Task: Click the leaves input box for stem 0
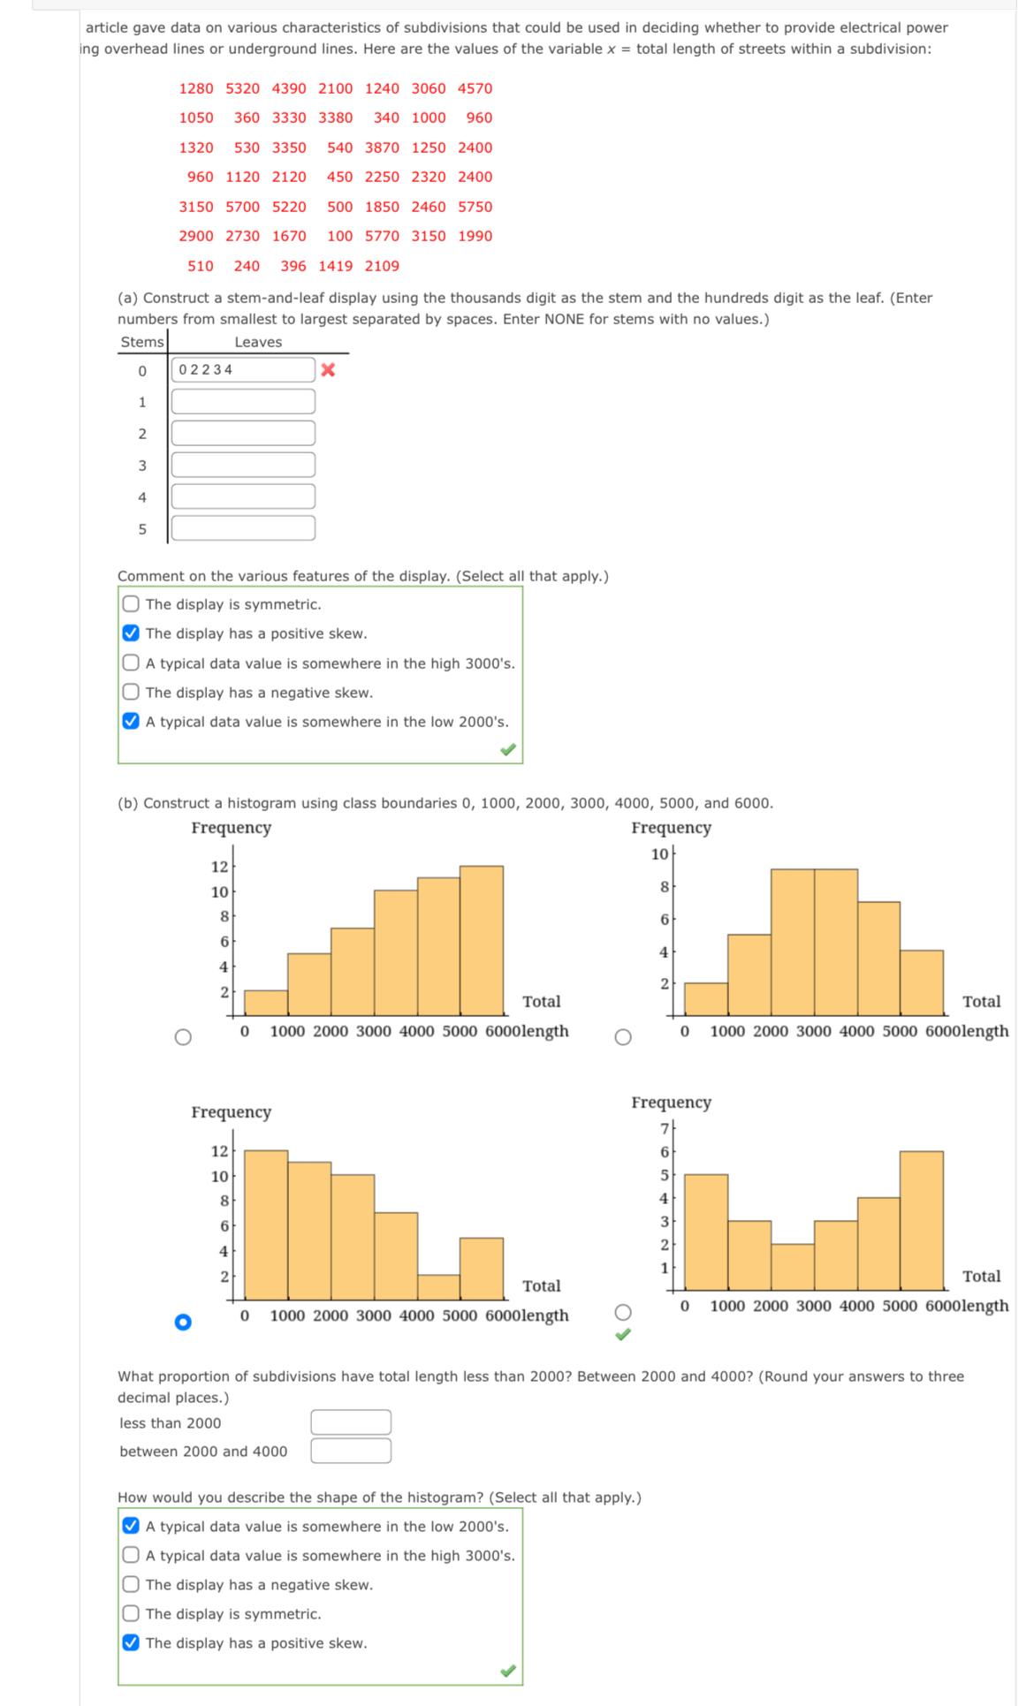coord(243,370)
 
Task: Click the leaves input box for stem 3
coord(243,465)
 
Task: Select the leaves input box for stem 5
coord(243,528)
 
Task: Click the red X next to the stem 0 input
coord(328,370)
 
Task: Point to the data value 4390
coord(289,88)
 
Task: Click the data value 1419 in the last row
coord(335,266)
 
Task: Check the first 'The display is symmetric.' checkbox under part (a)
coord(131,604)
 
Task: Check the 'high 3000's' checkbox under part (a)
coord(131,663)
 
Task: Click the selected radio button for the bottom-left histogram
coord(183,1322)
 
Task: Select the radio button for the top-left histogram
coord(183,1037)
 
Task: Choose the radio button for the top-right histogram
coord(623,1037)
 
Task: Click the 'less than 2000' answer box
coord(350,1422)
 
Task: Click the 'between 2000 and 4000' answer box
coord(350,1451)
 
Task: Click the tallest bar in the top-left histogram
coord(482,941)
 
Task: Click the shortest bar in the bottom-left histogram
coord(439,1287)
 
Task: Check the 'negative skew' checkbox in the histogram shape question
coord(131,1585)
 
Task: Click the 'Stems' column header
coord(142,342)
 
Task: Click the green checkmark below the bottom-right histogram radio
coord(623,1335)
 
